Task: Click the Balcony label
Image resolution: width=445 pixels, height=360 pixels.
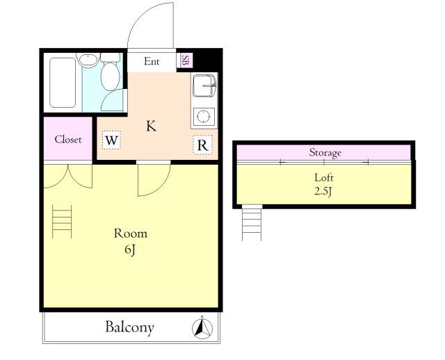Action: point(130,327)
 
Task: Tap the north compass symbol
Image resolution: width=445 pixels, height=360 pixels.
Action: point(202,328)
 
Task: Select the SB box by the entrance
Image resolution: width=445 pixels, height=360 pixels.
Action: point(184,60)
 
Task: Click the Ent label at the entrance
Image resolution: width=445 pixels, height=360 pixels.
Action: point(152,61)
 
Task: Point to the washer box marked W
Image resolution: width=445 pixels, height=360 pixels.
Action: point(111,140)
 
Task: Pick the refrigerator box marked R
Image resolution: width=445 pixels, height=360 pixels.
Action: point(202,145)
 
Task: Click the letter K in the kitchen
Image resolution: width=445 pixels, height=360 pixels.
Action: point(151,126)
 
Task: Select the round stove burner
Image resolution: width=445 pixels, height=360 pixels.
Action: point(204,116)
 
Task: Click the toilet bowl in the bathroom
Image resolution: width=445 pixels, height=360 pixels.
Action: point(111,77)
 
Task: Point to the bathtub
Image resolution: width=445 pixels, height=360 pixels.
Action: point(63,83)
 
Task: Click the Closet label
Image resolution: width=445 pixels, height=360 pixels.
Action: point(68,139)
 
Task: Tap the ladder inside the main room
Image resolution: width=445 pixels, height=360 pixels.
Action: point(62,222)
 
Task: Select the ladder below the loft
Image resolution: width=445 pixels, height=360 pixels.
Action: point(252,224)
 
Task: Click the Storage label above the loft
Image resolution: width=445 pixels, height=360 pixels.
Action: point(325,153)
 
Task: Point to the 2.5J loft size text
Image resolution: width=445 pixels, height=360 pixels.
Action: point(323,192)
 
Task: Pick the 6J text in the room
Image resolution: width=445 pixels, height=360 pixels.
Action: point(130,249)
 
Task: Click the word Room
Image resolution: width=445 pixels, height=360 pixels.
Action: point(131,234)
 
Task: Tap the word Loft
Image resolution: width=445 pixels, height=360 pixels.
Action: point(324,178)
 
